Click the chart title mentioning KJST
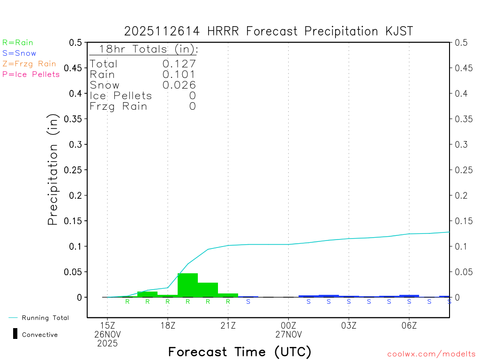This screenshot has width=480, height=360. tap(269, 31)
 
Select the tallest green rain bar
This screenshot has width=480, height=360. tap(187, 285)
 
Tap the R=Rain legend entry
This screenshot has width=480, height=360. tap(18, 43)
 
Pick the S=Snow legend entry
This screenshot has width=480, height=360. tap(19, 53)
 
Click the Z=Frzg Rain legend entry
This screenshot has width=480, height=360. tap(29, 64)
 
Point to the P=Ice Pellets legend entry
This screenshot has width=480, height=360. tap(31, 74)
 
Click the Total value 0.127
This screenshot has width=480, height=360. tap(179, 64)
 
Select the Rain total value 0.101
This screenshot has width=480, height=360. tap(179, 74)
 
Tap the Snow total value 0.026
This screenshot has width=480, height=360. tap(179, 85)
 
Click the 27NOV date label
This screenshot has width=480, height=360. tap(288, 335)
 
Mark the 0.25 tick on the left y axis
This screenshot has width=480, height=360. tap(75, 170)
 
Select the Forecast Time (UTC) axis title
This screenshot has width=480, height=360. tap(240, 352)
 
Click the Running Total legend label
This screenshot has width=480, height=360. tap(45, 318)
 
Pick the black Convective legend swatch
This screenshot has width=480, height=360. tap(15, 334)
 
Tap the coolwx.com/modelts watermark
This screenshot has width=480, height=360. tap(431, 354)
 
